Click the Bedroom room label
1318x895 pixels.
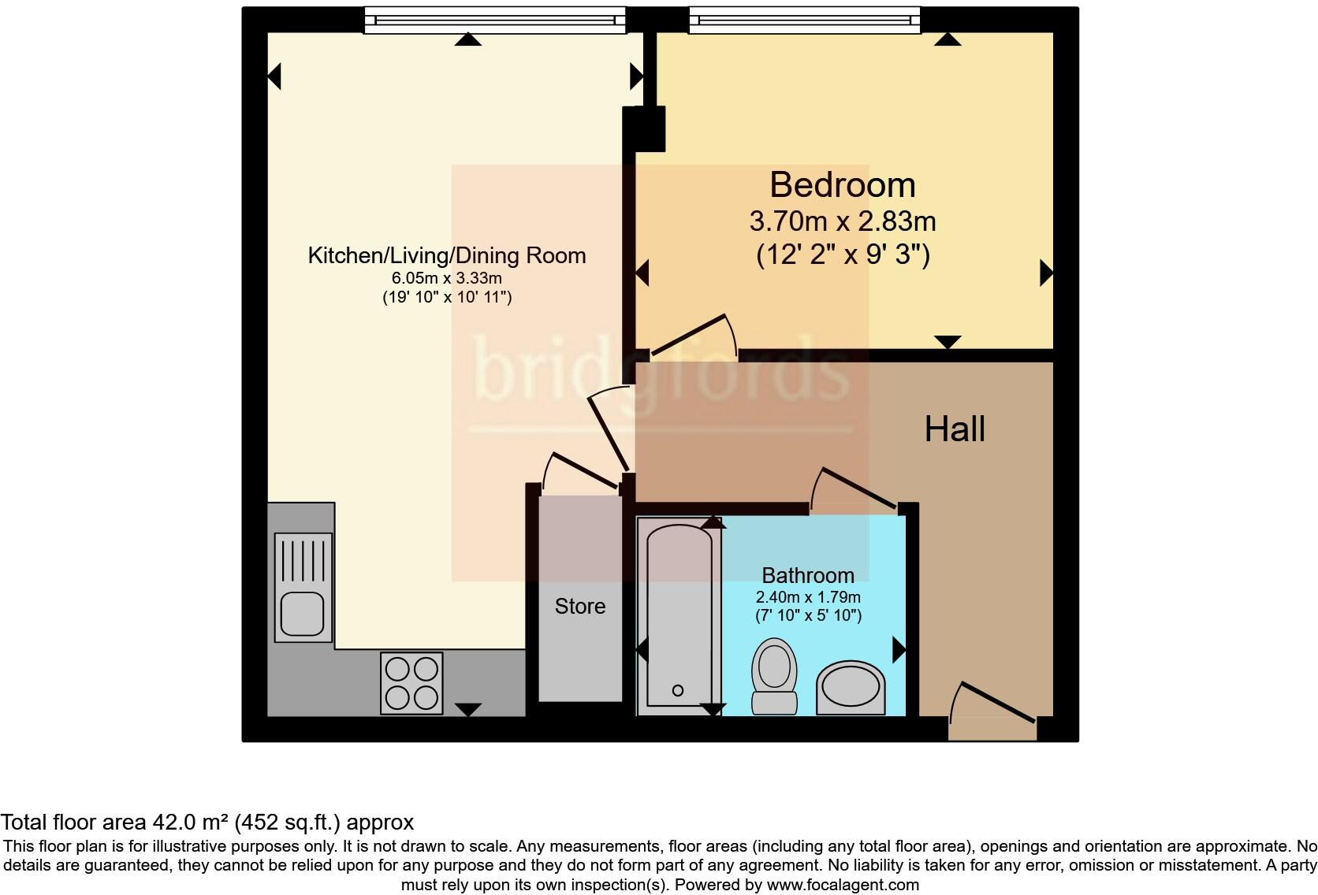click(x=842, y=185)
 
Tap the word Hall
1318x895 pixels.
click(x=955, y=429)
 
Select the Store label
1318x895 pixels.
click(x=580, y=606)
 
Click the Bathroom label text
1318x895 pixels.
click(x=807, y=575)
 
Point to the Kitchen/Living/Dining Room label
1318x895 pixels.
click(x=446, y=255)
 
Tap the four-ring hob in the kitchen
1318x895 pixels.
click(x=411, y=683)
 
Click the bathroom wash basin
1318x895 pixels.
click(x=850, y=688)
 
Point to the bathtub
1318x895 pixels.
click(x=679, y=615)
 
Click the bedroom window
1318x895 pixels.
click(x=804, y=20)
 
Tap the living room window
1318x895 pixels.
click(x=494, y=20)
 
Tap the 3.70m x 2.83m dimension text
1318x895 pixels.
click(x=842, y=221)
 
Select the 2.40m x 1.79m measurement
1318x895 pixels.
click(x=807, y=596)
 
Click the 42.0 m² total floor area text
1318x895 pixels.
click(x=207, y=823)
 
